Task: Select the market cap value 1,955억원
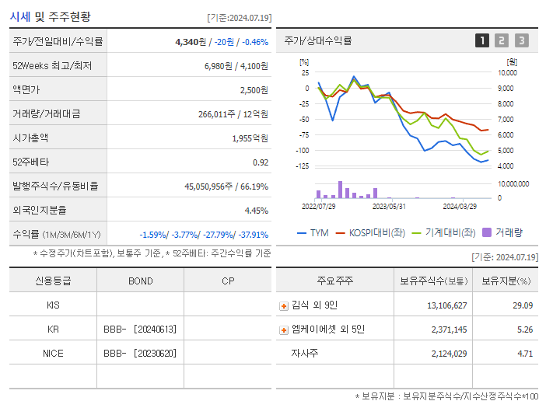[x=250, y=138]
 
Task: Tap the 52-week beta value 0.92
[x=261, y=162]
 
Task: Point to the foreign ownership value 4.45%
[x=256, y=210]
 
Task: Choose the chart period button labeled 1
[x=482, y=40]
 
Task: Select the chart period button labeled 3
[x=521, y=40]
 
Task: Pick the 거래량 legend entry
[x=502, y=232]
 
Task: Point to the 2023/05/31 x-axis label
[x=389, y=207]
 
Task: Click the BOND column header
[x=140, y=281]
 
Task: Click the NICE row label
[x=53, y=353]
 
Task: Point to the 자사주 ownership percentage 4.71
[x=524, y=354]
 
